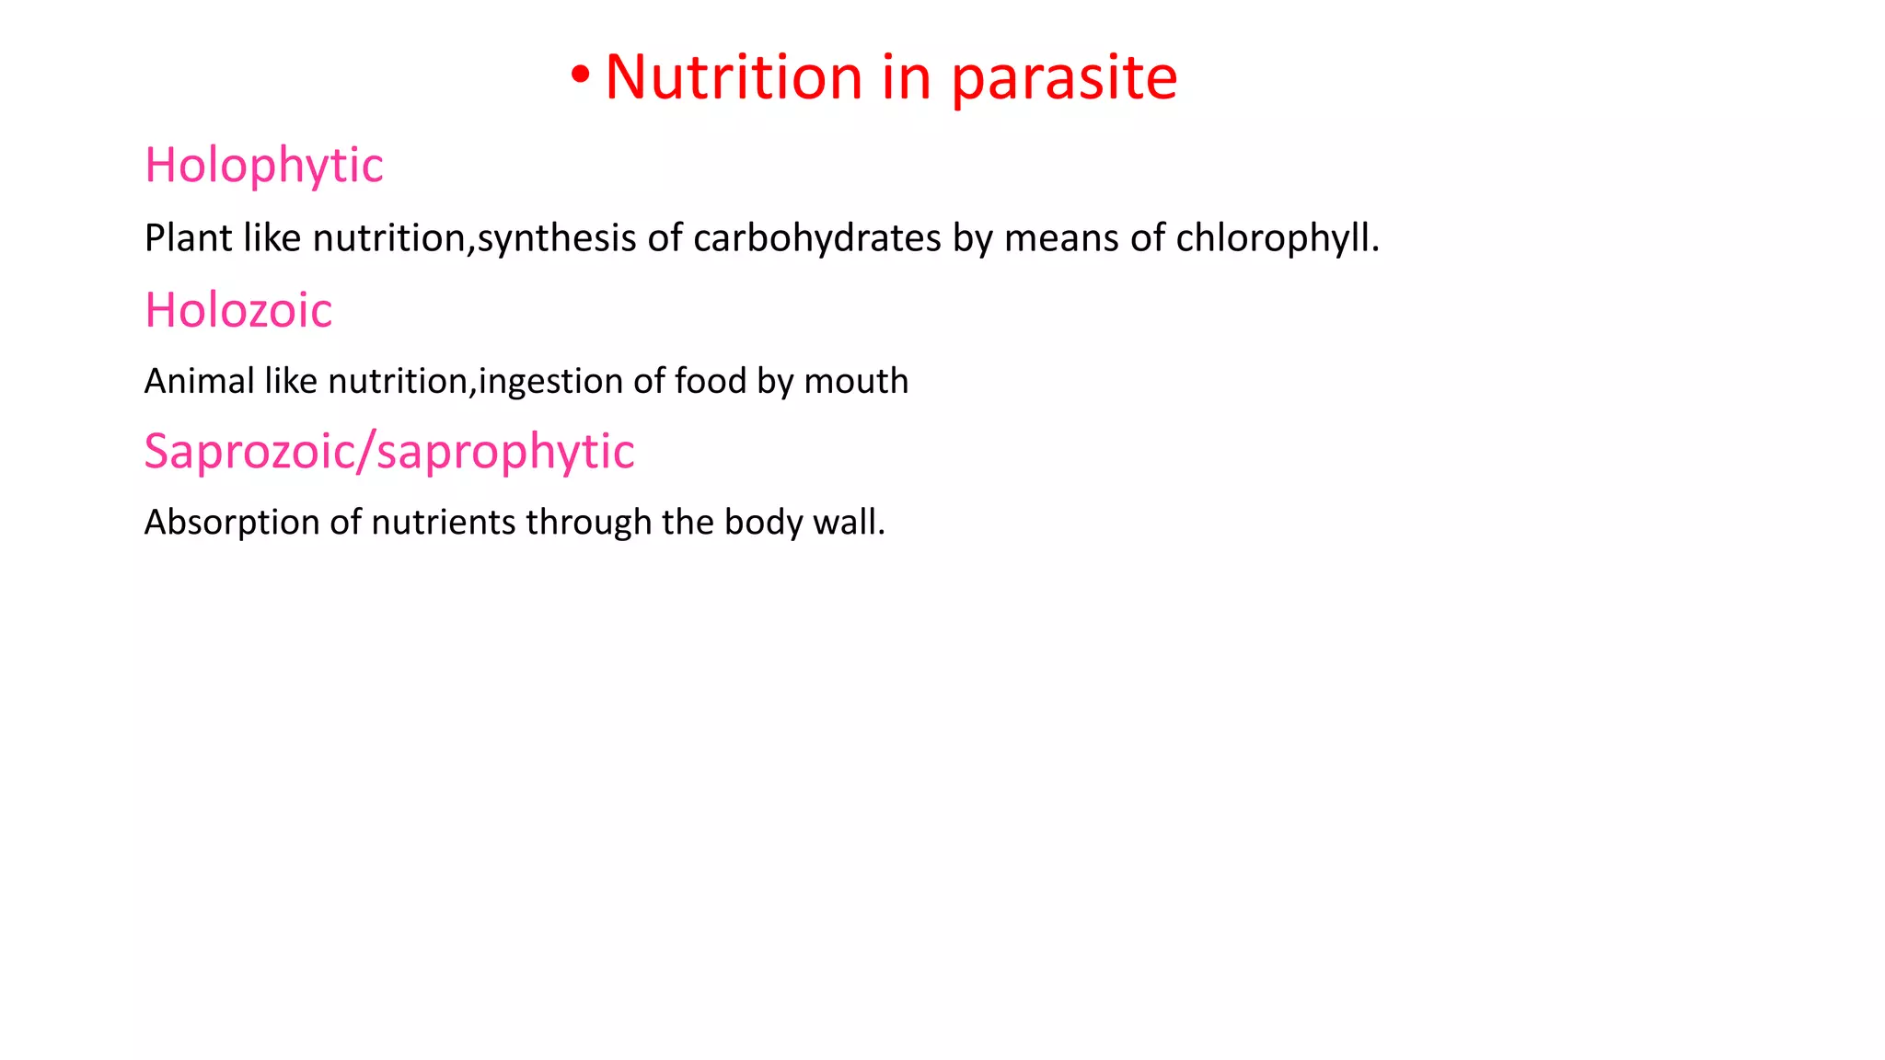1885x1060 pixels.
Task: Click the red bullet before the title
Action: pyautogui.click(x=580, y=77)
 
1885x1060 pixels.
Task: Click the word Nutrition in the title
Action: pyautogui.click(x=734, y=77)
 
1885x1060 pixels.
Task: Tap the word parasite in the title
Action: pyautogui.click(x=1064, y=79)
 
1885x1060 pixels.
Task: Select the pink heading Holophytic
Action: pyautogui.click(x=264, y=167)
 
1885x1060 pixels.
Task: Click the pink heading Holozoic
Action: pyautogui.click(x=238, y=311)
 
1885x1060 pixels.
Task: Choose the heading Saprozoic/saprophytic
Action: pyautogui.click(x=389, y=453)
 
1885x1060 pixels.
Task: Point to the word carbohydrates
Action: pyautogui.click(x=816, y=238)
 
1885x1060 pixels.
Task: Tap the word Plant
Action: pyautogui.click(x=188, y=238)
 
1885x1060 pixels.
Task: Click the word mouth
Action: pyautogui.click(x=856, y=381)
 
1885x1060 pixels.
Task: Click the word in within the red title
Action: pyautogui.click(x=906, y=77)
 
